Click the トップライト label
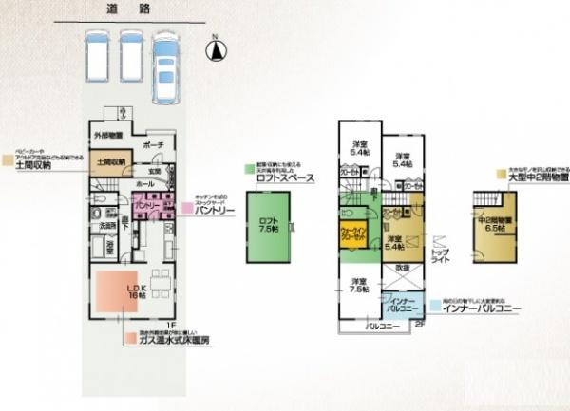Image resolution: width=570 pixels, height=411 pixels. (442, 254)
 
